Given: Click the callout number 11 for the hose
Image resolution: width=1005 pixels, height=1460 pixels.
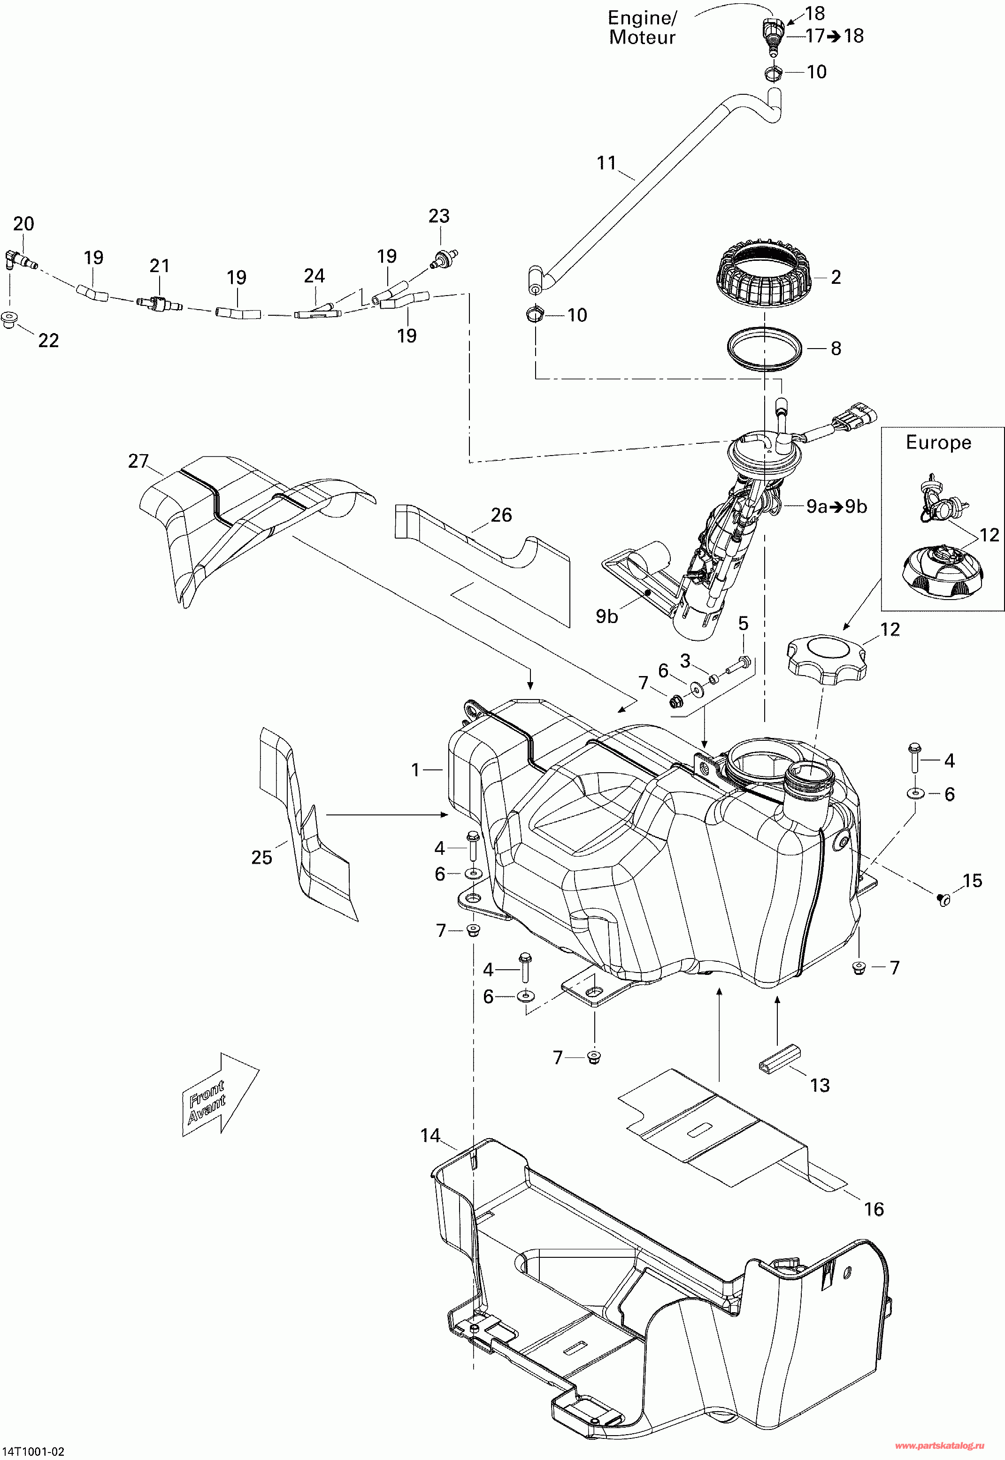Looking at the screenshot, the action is pos(606,163).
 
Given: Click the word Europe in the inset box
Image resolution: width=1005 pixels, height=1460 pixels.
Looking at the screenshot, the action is pos(938,442).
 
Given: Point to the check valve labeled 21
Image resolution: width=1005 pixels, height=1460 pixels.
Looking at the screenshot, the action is pos(159,304).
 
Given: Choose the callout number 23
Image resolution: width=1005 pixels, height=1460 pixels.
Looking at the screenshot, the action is pos(439,216).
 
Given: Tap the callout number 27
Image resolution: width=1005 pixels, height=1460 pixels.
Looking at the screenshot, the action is pos(138,461).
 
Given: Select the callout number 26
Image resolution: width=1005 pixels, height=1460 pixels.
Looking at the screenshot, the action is pos(501,515).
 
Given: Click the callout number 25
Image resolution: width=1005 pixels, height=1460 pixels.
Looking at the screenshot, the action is pos(262,857).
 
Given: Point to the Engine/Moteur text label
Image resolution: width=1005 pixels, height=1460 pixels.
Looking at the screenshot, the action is pos(642,28).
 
